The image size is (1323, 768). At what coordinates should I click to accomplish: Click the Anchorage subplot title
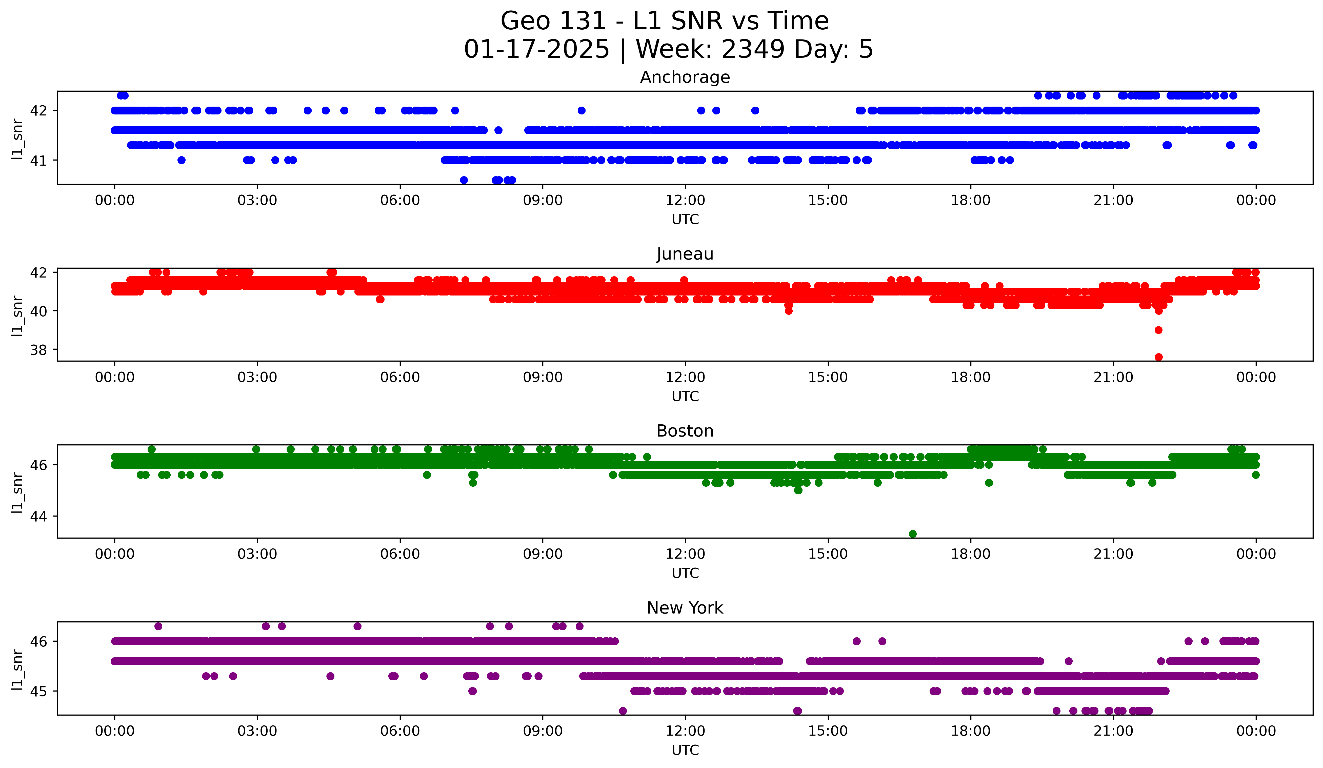coord(685,77)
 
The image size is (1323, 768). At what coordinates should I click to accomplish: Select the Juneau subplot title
coord(685,254)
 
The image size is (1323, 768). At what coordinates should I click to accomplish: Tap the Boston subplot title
coord(685,431)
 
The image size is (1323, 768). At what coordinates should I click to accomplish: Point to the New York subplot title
coord(685,608)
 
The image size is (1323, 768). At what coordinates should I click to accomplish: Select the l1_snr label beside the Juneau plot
coord(17,315)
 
